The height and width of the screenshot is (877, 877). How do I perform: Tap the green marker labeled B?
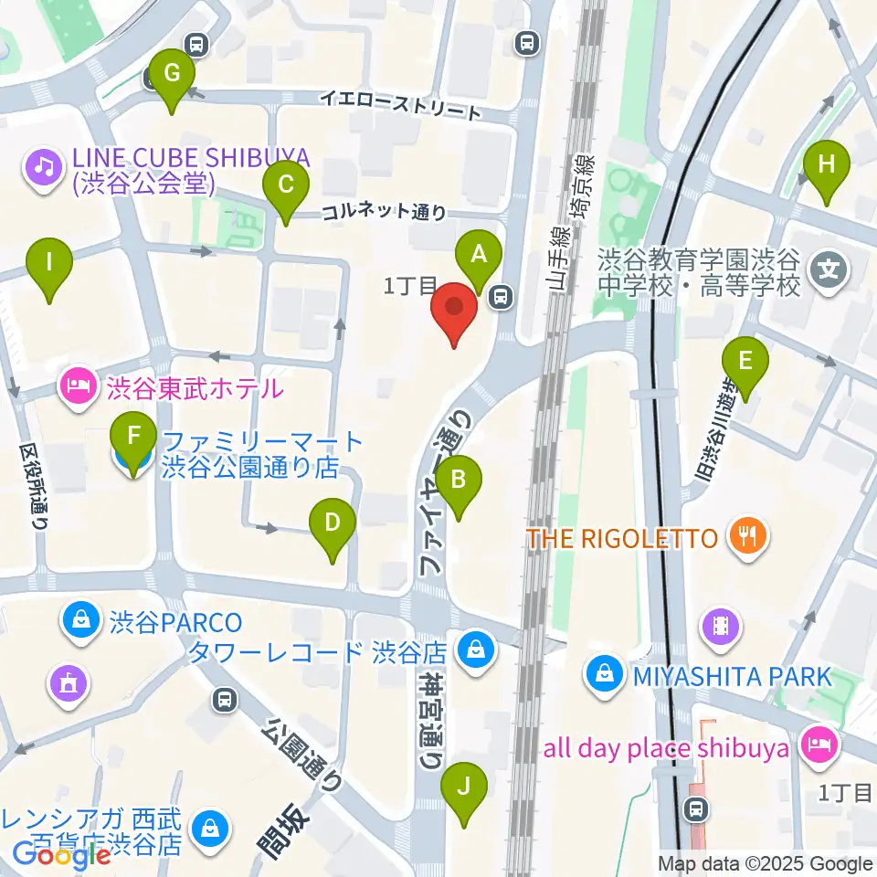tap(459, 479)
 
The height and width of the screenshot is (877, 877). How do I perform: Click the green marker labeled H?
tap(826, 165)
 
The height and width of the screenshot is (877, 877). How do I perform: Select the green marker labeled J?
tap(464, 787)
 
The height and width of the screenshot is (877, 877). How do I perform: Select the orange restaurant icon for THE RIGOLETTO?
tap(748, 538)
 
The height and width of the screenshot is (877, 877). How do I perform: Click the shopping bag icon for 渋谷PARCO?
tap(81, 623)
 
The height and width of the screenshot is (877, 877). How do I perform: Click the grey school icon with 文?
tap(829, 271)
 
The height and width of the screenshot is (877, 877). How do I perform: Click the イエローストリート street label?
tap(399, 104)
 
